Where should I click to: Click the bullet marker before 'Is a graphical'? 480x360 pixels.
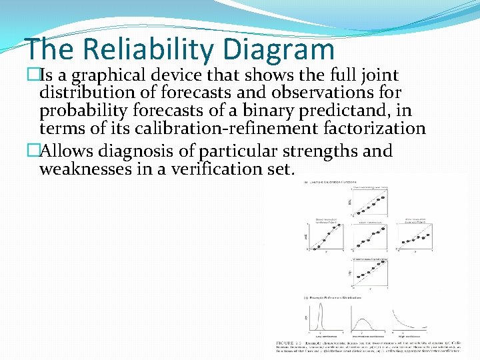tap(33, 76)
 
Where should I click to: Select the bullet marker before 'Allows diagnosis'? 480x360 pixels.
tap(33, 151)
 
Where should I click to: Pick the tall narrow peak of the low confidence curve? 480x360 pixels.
tap(321, 307)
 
